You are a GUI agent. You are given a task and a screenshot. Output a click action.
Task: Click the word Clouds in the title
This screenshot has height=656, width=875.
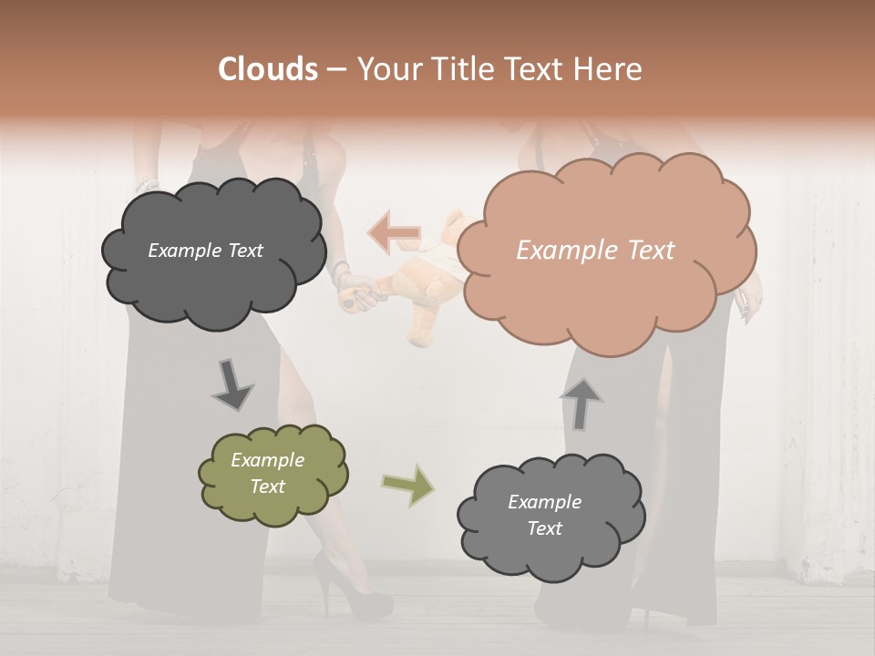coord(267,69)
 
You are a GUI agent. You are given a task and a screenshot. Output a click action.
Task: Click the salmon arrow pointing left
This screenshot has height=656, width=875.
coord(394,232)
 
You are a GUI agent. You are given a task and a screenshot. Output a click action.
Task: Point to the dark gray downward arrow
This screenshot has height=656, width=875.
coord(232,384)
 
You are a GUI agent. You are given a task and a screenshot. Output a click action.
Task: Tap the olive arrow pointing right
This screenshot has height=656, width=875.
coord(408,485)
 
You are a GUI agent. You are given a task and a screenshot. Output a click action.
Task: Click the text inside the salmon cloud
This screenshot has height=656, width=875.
coord(595,251)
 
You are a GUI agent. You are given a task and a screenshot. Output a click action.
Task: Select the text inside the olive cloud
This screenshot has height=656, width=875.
coord(268,473)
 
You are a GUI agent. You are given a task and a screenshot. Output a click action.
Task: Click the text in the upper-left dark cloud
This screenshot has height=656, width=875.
coord(205,251)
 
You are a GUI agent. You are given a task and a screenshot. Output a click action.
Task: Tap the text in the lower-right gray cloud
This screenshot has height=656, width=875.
coord(544,515)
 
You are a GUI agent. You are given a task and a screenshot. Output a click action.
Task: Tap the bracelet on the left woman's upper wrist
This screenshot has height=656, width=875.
coord(148,185)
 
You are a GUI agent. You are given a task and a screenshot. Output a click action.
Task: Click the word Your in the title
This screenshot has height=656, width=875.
coord(386,69)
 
